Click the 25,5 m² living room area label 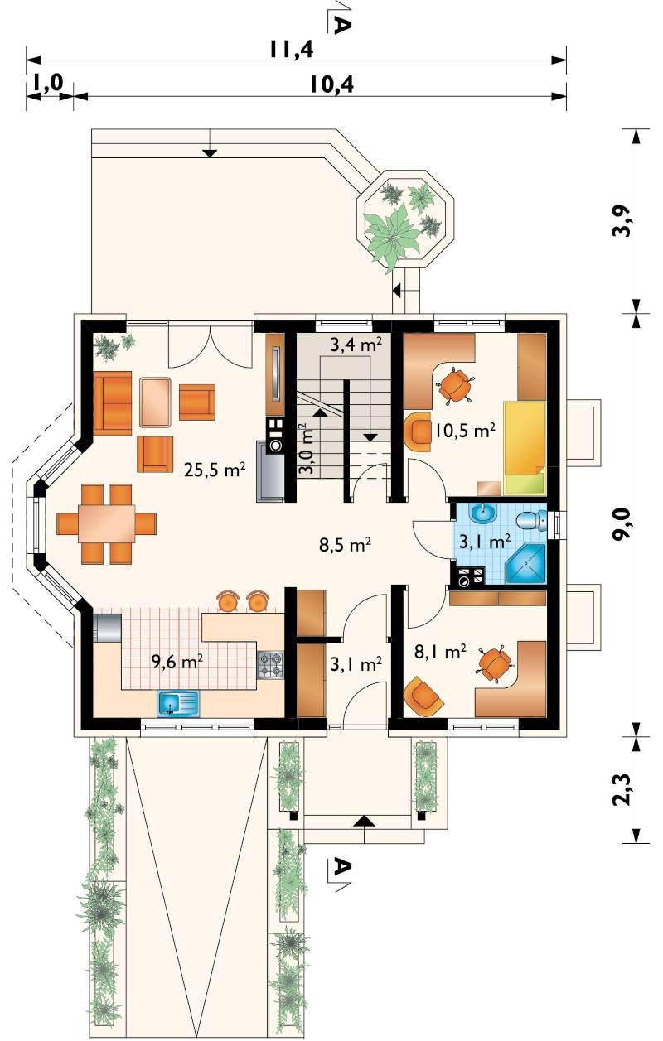215,470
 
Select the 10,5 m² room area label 464,431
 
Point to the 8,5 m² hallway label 345,544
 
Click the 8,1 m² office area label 440,653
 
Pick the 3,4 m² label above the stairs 356,345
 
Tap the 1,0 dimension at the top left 48,84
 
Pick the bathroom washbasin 483,513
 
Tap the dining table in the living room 107,523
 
